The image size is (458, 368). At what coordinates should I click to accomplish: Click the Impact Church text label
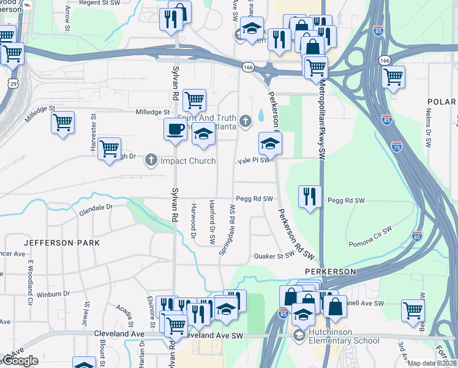188,161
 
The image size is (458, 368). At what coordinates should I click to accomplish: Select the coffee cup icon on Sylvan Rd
176,129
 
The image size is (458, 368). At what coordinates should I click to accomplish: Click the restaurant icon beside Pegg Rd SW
310,196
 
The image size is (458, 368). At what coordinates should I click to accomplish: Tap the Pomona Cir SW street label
369,237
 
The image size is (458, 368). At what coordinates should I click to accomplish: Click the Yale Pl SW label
253,160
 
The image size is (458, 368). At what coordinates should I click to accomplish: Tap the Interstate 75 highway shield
397,146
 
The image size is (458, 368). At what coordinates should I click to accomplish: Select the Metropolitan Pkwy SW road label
320,120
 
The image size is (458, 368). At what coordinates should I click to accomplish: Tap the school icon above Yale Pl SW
270,144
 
